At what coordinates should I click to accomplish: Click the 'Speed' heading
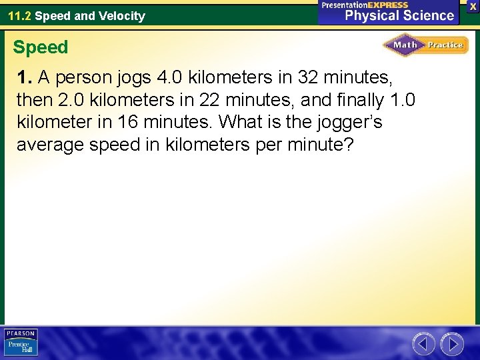coord(41,47)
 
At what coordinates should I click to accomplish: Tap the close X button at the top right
coord(473,5)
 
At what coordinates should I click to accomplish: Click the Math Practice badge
coord(425,45)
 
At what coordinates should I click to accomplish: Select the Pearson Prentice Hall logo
coord(21,343)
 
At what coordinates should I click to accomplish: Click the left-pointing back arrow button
coord(423,344)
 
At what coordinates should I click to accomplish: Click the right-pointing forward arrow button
coord(452,344)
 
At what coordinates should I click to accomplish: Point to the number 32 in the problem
coord(309,78)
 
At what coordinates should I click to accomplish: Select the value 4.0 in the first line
coord(170,78)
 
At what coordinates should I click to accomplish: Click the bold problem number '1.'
coord(25,78)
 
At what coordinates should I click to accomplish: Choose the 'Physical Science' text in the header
coord(400,16)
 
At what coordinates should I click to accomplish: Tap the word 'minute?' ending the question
coord(317,145)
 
